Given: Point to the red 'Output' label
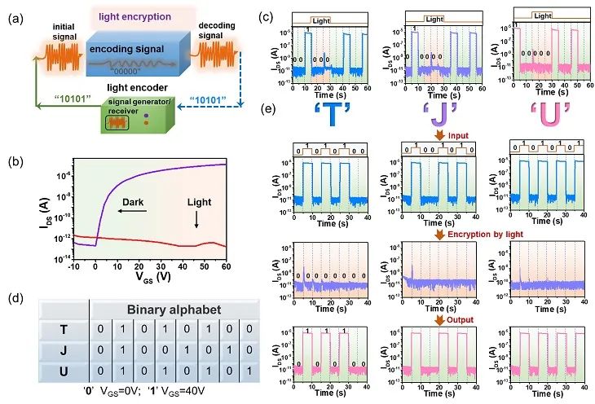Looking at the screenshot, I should [462, 320].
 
